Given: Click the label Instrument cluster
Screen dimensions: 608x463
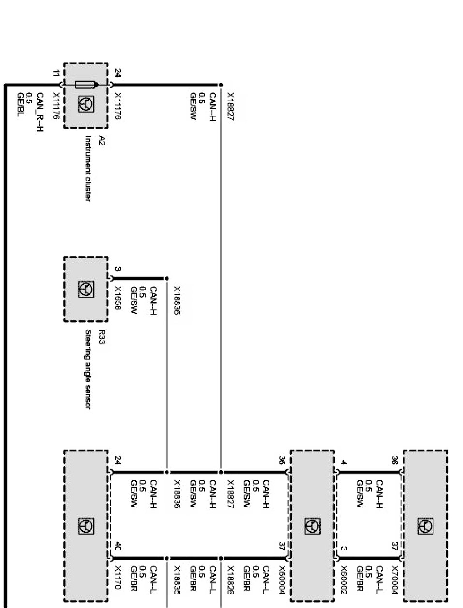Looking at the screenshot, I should point(89,168).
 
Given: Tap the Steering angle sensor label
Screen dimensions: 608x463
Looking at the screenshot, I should point(89,370).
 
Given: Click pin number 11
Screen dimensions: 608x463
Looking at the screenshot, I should point(56,74).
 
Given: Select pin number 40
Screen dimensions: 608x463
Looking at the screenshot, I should point(118,548).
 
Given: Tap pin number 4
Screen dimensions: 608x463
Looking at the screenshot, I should point(343,463).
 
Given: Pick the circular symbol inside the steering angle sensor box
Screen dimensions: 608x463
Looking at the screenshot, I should point(86,289).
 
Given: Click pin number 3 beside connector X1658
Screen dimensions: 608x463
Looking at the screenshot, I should point(118,269).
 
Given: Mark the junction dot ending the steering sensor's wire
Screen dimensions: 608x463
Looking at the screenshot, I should point(167,279).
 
